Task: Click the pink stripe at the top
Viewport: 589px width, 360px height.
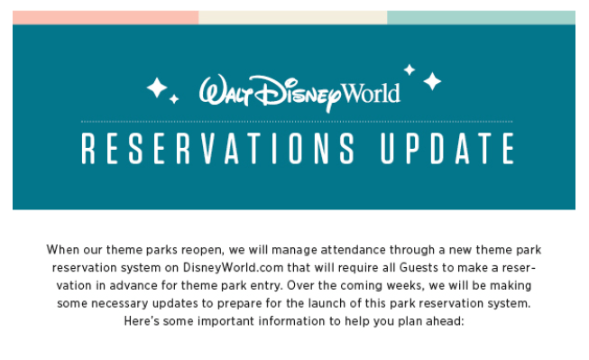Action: point(106,17)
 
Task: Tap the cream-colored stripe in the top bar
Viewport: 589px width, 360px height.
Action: point(292,17)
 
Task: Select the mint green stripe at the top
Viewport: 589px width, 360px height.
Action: point(481,17)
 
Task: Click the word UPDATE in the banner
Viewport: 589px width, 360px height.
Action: point(442,150)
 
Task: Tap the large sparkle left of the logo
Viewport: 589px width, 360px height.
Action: point(158,88)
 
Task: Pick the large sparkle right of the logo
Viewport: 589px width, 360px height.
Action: point(433,82)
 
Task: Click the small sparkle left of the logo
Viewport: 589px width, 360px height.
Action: point(174,98)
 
